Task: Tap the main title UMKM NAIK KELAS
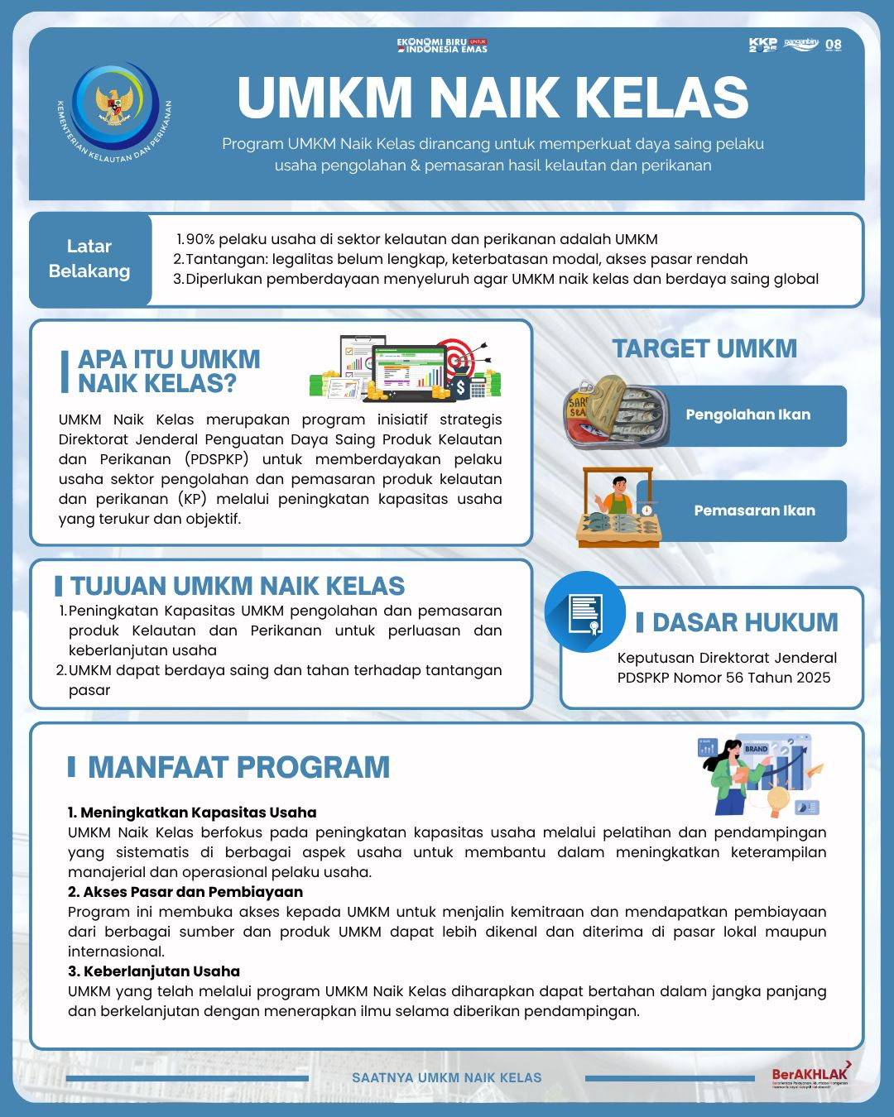[x=493, y=98]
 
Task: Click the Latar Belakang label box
[x=89, y=259]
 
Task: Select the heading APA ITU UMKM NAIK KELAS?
[x=169, y=371]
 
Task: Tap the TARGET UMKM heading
[x=704, y=348]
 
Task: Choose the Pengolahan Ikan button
[x=748, y=415]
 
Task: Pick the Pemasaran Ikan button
[x=754, y=511]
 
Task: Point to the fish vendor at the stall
[x=616, y=495]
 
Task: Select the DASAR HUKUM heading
[x=745, y=622]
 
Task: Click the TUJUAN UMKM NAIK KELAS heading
[x=237, y=586]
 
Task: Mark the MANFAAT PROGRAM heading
[x=238, y=767]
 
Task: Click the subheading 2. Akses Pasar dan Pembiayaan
[x=185, y=892]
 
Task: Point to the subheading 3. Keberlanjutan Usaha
[x=154, y=971]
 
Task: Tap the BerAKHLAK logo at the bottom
[x=810, y=1075]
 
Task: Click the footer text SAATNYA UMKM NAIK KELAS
[x=447, y=1078]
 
